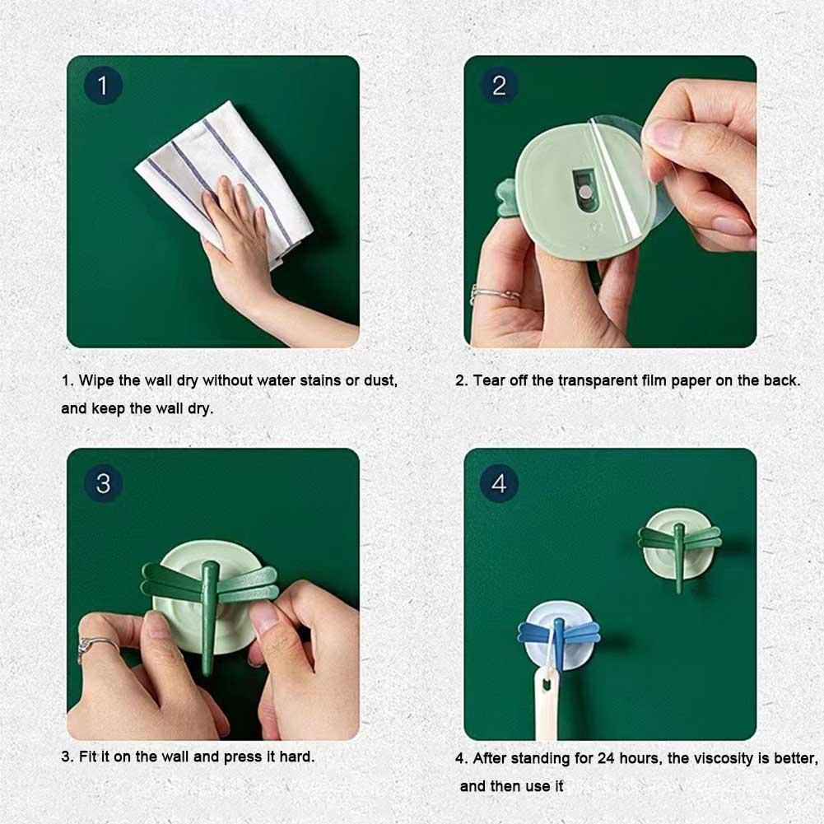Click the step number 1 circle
pos(103,85)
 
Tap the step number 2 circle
pos(499,85)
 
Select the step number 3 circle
pos(103,483)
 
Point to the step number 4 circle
pos(499,483)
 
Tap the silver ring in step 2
pos(494,295)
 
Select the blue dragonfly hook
pos(559,636)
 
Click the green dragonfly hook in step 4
pos(680,547)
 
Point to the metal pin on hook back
pos(585,194)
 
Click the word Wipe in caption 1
pos(96,380)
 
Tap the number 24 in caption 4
pos(606,758)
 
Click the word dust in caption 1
pos(380,380)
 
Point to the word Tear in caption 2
pos(488,380)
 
